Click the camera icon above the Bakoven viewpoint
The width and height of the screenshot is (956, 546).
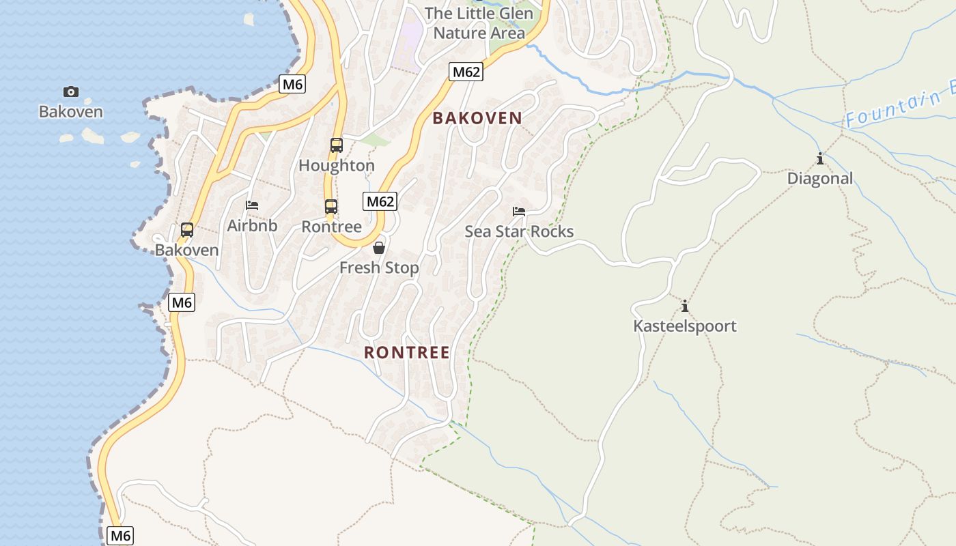click(x=70, y=91)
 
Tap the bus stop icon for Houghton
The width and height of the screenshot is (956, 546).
click(x=337, y=145)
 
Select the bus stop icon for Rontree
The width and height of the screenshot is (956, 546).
click(x=331, y=206)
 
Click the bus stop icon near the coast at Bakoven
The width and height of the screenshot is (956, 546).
click(x=187, y=230)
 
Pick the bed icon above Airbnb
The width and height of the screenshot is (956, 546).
click(x=252, y=205)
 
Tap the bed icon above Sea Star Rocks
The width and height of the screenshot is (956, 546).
click(x=519, y=212)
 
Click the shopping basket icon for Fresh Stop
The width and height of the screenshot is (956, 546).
click(x=379, y=247)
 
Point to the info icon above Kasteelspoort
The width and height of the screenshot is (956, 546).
click(x=685, y=306)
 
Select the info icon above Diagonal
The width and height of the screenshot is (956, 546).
click(x=819, y=159)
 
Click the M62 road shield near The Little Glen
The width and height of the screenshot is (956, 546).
click(x=466, y=72)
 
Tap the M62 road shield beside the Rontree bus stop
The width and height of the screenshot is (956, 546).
click(x=380, y=201)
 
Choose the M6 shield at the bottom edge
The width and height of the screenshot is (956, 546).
click(x=120, y=536)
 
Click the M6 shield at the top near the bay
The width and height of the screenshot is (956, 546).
click(x=292, y=84)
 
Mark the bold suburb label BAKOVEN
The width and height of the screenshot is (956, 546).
click(x=477, y=118)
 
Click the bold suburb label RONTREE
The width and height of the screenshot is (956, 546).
click(x=407, y=353)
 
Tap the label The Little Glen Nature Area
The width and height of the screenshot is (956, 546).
click(x=478, y=23)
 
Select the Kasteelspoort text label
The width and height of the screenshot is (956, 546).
click(x=685, y=326)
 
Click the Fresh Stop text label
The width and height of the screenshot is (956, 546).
click(x=379, y=268)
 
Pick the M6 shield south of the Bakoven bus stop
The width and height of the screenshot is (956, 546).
click(x=182, y=302)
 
